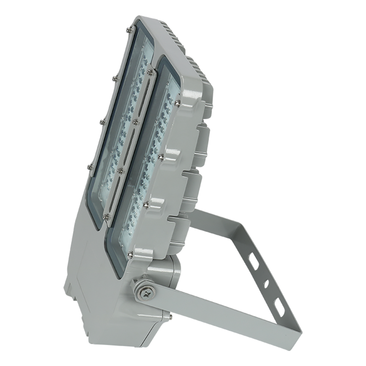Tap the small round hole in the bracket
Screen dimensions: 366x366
coord(266,283)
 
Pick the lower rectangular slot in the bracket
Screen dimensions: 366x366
coord(279,307)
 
